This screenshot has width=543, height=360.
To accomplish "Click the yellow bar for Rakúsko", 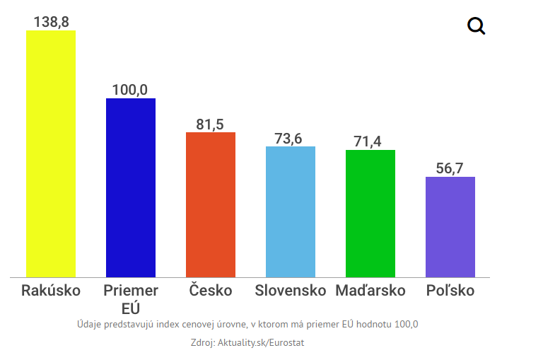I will pos(51,153).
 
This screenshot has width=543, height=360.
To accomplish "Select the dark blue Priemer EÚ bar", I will pos(131,187).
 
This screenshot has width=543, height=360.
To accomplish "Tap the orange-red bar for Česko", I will pos(211,204).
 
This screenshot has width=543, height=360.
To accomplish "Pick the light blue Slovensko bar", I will pos(291,211).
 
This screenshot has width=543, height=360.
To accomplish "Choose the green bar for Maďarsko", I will pos(370,213).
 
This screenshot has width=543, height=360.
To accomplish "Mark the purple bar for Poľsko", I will pos(450,226).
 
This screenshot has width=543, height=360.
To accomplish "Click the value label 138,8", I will pos(51,22).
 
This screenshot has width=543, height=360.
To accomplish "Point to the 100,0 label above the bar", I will pos(130,90).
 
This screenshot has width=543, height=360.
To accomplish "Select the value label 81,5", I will pos(210,124).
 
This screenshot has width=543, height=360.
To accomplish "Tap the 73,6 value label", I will pos(288,139).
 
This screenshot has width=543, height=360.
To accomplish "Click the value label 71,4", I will pos(368,141).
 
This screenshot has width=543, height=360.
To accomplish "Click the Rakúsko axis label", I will pos(51,291).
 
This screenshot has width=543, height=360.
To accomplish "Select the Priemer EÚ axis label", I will pos(131,299).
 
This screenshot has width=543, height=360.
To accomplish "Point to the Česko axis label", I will pos(211,290).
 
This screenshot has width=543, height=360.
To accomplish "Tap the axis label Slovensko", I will pos(291,291).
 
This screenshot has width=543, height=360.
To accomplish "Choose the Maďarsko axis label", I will pos(370,291).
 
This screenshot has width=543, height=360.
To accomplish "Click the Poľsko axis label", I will pos(450,291).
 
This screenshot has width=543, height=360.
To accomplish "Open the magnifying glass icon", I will pos(477,27).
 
